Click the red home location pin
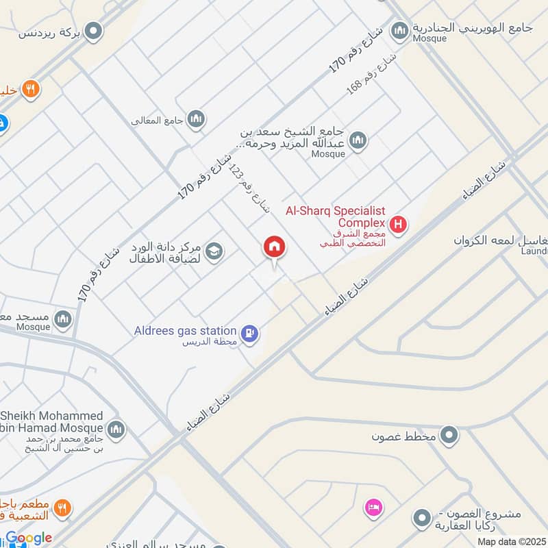(275, 247)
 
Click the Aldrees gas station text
(185, 332)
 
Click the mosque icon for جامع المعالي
(197, 120)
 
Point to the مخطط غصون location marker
(449, 434)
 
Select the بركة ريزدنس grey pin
(94, 30)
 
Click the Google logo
(29, 538)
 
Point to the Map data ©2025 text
(510, 541)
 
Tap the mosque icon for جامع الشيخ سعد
(357, 141)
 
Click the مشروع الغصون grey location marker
(423, 519)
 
